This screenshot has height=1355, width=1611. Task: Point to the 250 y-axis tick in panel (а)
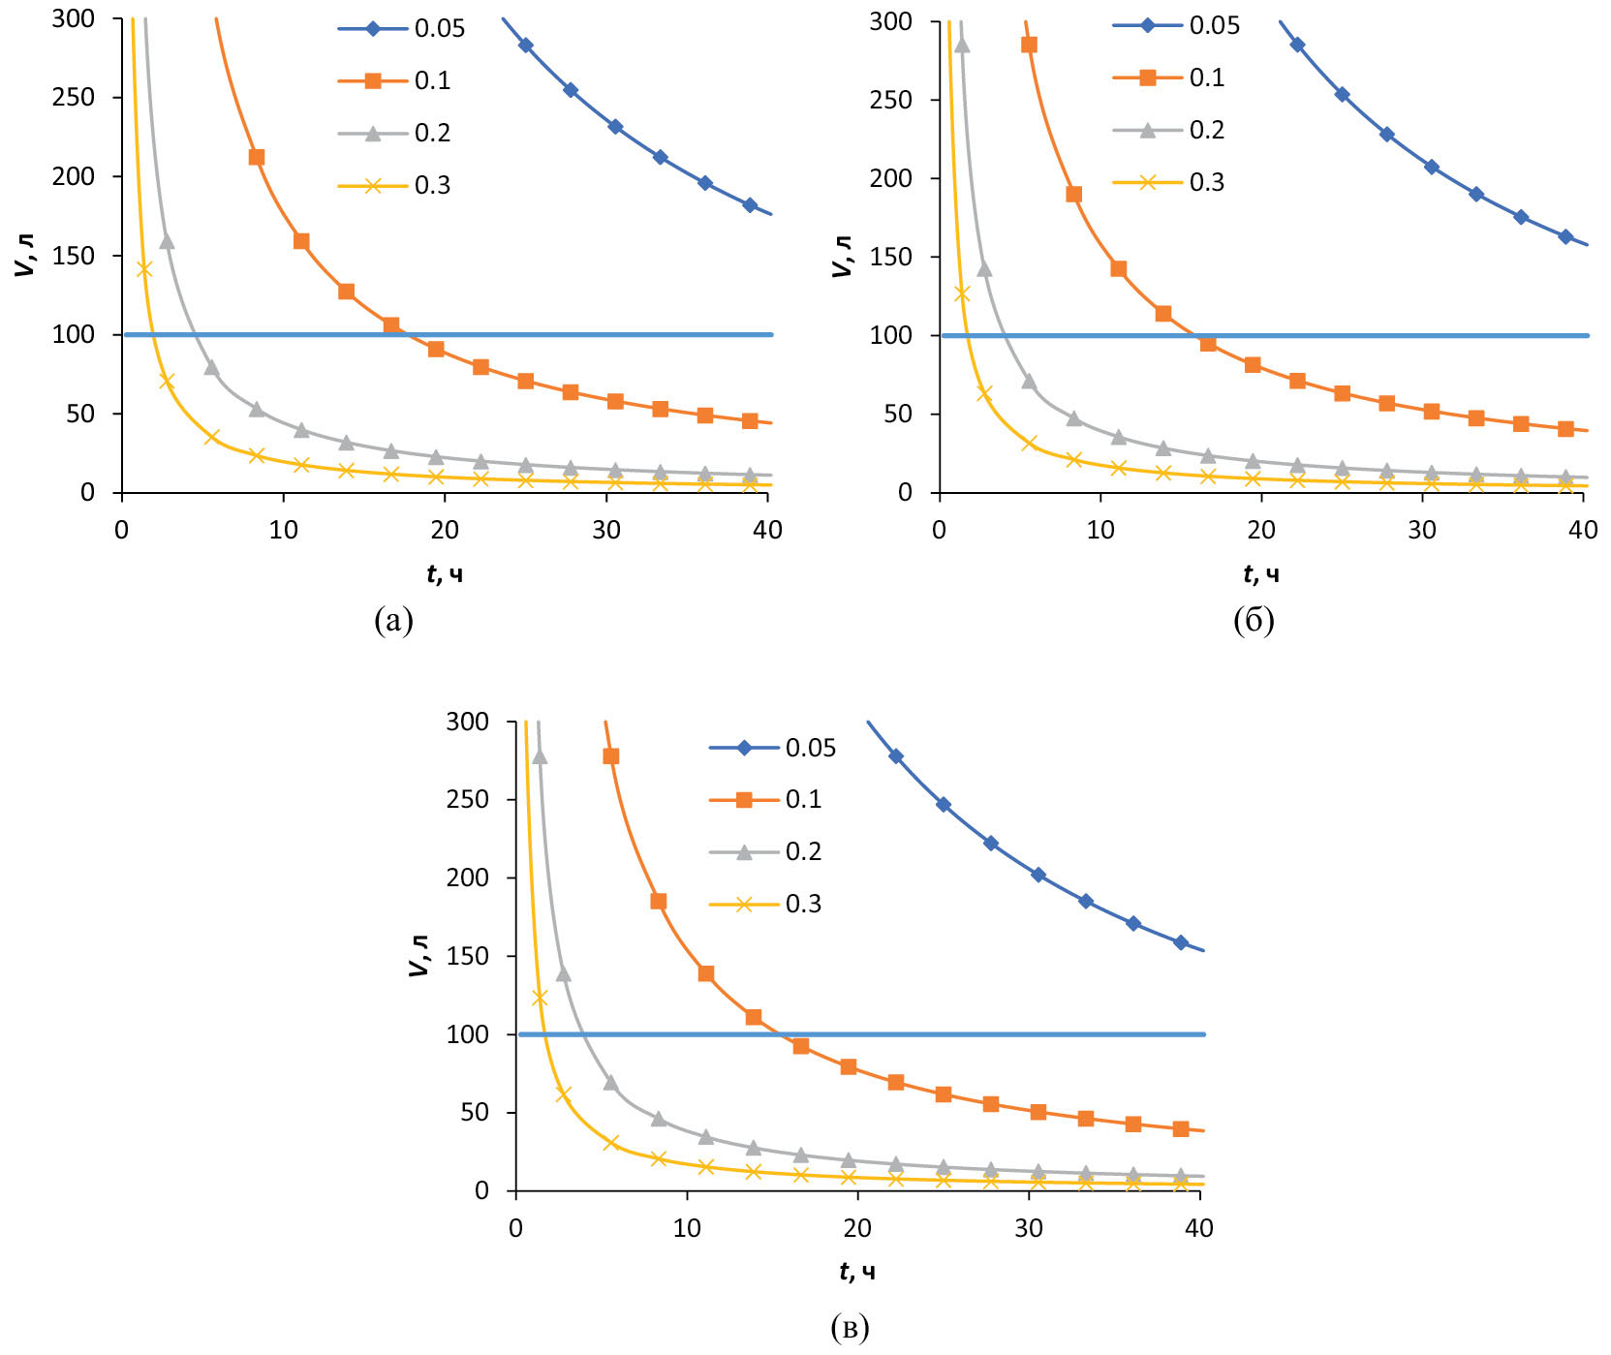(75, 97)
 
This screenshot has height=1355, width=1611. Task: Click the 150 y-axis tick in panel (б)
(890, 257)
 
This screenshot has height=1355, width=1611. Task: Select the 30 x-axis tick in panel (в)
(1029, 1228)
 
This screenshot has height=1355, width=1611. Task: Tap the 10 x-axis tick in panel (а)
(284, 530)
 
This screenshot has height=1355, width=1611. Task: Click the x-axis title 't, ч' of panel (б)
(1260, 574)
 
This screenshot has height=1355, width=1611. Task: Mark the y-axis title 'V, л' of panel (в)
(419, 956)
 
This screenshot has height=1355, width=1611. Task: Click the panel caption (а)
(393, 620)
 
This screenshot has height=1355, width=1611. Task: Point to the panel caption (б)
(1254, 620)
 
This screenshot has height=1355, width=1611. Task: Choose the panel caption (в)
(850, 1327)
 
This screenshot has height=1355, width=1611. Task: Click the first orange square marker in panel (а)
(257, 157)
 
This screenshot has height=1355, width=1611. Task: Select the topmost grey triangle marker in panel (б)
(962, 45)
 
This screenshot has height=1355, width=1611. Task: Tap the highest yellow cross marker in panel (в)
(540, 998)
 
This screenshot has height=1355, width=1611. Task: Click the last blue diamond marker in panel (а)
(750, 205)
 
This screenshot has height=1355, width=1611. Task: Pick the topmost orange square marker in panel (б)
(1029, 45)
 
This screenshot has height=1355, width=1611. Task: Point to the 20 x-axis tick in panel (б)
(1261, 530)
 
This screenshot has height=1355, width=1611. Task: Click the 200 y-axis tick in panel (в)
(468, 878)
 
